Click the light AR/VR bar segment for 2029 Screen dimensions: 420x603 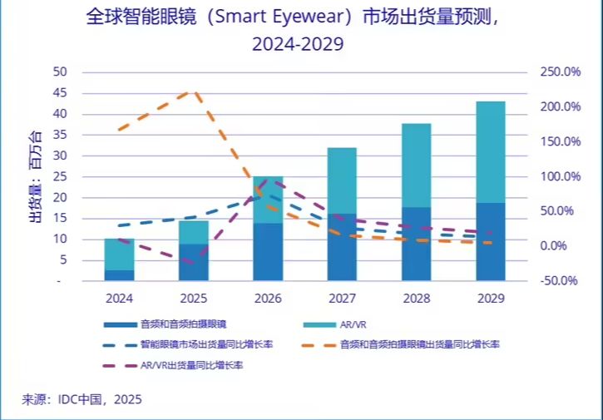tap(491, 151)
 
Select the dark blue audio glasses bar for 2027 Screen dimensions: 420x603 tap(342, 247)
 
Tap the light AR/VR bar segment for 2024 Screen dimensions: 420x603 tap(119, 254)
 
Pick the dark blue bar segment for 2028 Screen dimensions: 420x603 tap(417, 244)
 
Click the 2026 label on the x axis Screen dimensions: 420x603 tap(268, 297)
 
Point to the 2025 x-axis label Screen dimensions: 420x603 tap(193, 297)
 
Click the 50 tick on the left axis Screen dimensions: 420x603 tap(59, 72)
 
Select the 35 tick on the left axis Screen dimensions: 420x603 tap(59, 135)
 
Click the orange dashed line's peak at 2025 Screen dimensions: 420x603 tap(193, 91)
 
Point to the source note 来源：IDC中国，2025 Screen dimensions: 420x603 tap(82, 399)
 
